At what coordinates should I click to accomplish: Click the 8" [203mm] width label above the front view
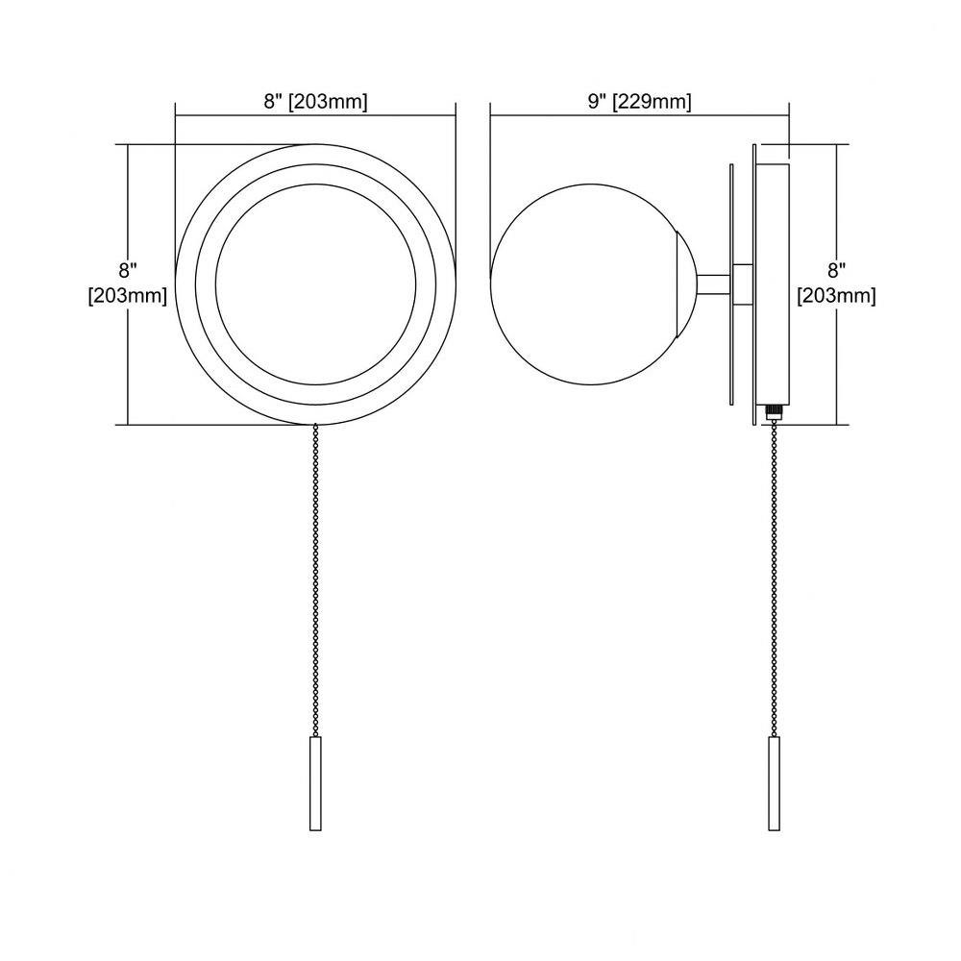(x=315, y=101)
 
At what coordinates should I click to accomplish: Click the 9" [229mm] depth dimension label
(x=639, y=101)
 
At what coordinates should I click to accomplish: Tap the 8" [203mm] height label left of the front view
(x=128, y=283)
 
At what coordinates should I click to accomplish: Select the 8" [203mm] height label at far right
(x=836, y=283)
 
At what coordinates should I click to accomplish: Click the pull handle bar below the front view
(x=315, y=783)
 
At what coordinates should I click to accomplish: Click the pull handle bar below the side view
(x=774, y=783)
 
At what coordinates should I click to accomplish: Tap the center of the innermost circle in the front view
(x=315, y=284)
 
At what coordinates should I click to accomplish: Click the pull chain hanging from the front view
(x=315, y=579)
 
